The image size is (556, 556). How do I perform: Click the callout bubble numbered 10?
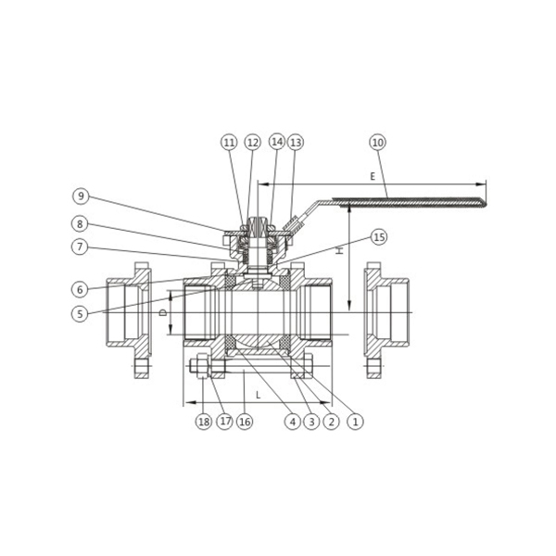(378, 143)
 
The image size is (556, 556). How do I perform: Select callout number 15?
(379, 237)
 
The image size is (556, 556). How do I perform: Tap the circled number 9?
(82, 196)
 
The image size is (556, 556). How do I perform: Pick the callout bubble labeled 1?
(355, 422)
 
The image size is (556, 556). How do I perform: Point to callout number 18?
(204, 422)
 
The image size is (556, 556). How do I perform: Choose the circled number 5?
(80, 313)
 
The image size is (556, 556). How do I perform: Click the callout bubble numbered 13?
(296, 143)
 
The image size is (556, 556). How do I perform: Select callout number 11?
(230, 143)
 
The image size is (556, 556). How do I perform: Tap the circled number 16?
(245, 422)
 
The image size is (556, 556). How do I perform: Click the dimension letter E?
(373, 176)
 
